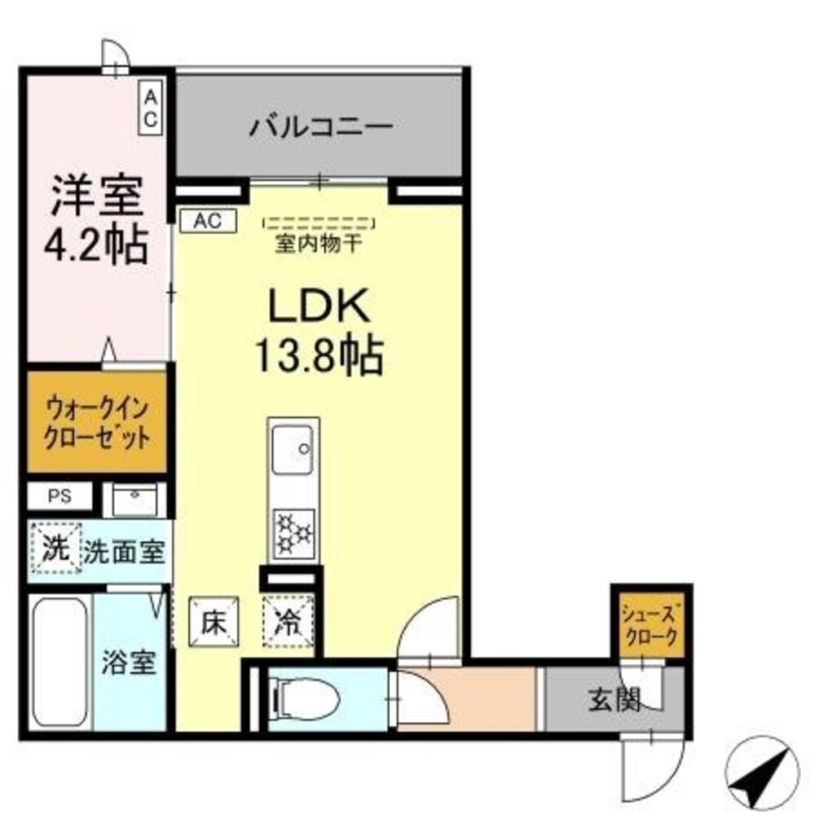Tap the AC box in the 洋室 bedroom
click(150, 108)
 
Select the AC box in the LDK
click(206, 220)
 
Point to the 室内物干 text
click(318, 243)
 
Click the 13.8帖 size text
click(319, 355)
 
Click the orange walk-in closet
click(97, 421)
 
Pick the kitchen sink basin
click(293, 447)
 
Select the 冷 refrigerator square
click(288, 622)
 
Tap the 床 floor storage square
click(214, 622)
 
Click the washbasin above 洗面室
click(134, 500)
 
